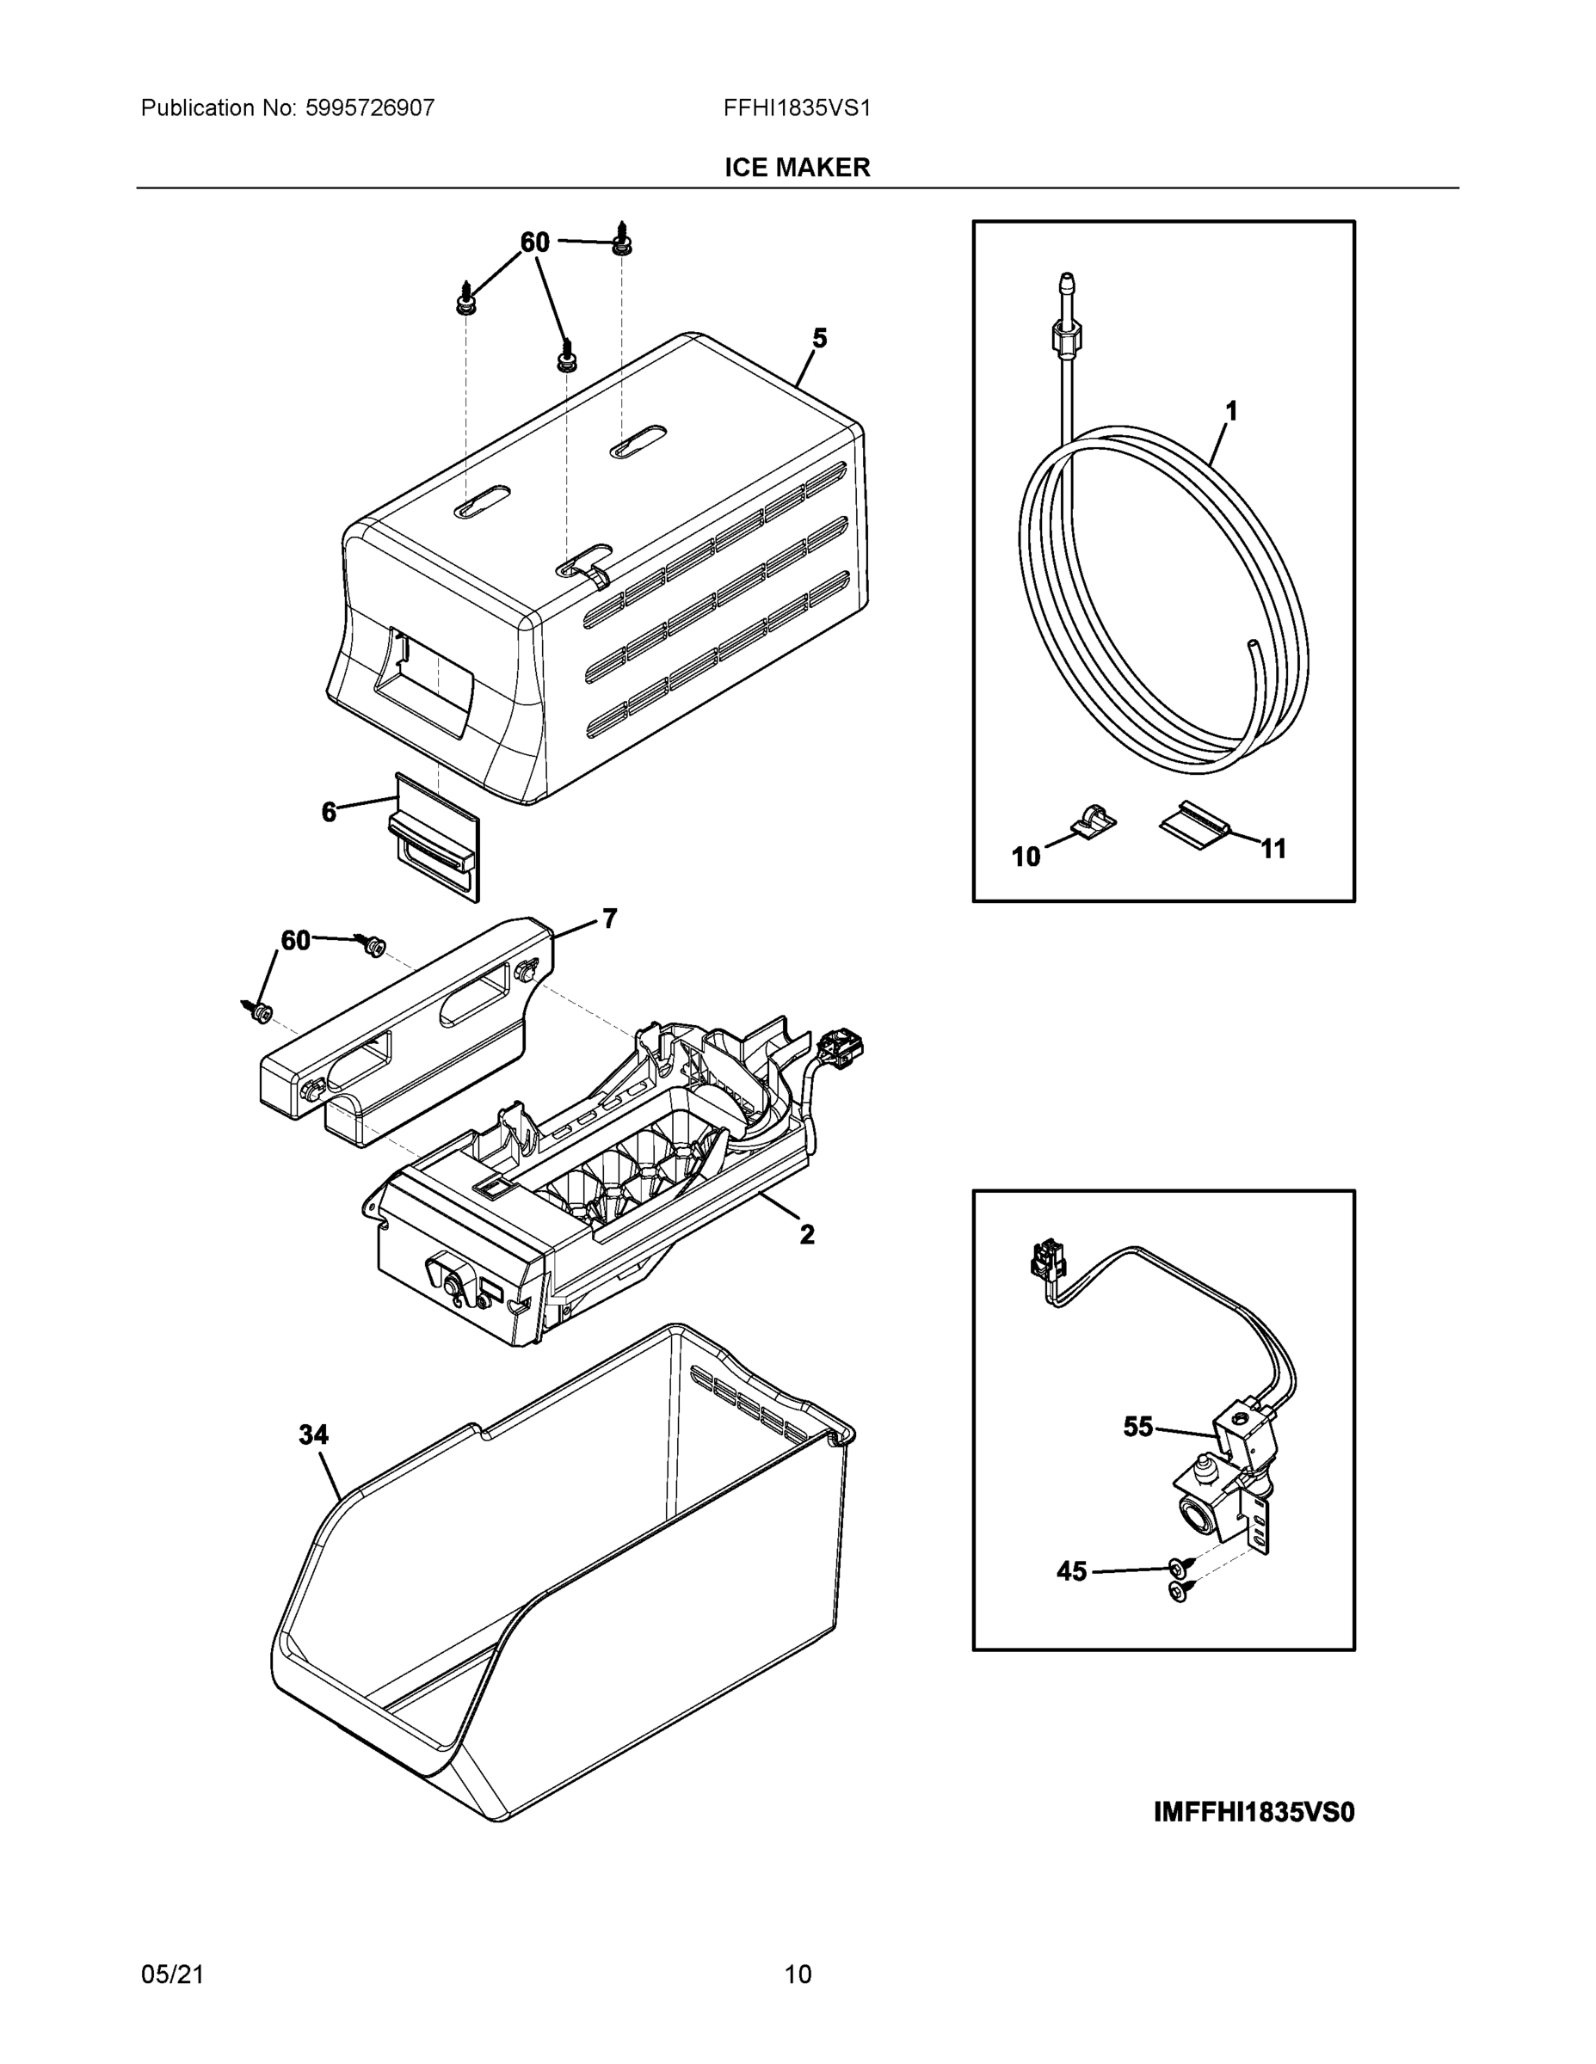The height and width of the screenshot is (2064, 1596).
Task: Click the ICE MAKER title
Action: tap(797, 168)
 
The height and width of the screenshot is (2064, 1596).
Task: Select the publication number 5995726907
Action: tap(370, 107)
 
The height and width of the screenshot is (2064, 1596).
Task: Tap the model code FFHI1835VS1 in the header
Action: tap(796, 107)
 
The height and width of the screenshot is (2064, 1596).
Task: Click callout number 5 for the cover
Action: tap(820, 338)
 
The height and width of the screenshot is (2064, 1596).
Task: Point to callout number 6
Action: tap(329, 812)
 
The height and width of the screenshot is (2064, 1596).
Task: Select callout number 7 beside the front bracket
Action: tap(610, 918)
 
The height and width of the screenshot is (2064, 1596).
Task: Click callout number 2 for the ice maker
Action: tap(806, 1234)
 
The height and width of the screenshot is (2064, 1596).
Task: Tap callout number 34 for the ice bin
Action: tap(313, 1434)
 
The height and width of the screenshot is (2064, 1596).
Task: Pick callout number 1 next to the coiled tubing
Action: tap(1231, 411)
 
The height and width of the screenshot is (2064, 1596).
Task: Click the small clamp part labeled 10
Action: tap(1094, 820)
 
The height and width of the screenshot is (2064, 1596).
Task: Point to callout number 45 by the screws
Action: tap(1071, 1571)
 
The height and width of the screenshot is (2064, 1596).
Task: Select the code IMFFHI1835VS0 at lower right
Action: tap(1254, 1812)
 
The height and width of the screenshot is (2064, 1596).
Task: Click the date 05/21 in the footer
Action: tap(172, 1975)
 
